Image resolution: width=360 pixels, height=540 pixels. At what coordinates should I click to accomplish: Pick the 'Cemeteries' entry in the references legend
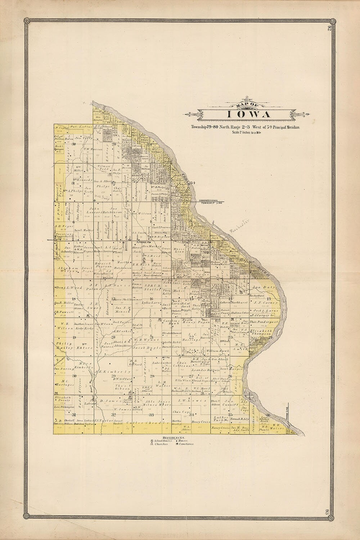pyautogui.click(x=186, y=444)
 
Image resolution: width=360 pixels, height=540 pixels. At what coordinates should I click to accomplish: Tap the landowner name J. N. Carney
pyautogui.click(x=262, y=303)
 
